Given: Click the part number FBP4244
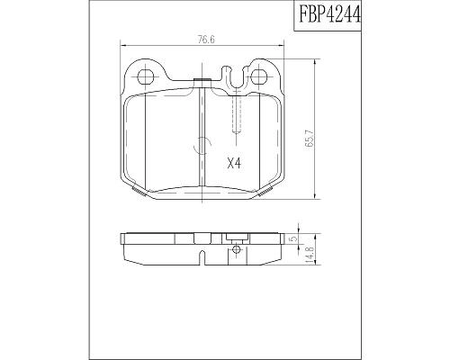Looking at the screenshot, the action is coord(328,14).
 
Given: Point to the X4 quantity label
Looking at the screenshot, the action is coord(234,164).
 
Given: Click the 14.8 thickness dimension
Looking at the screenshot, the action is coord(309,255).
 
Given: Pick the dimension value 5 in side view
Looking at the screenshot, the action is coord(294,238).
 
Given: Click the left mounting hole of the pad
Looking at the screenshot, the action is coord(145,76).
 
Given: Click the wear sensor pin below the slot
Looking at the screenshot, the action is coord(236,114).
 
